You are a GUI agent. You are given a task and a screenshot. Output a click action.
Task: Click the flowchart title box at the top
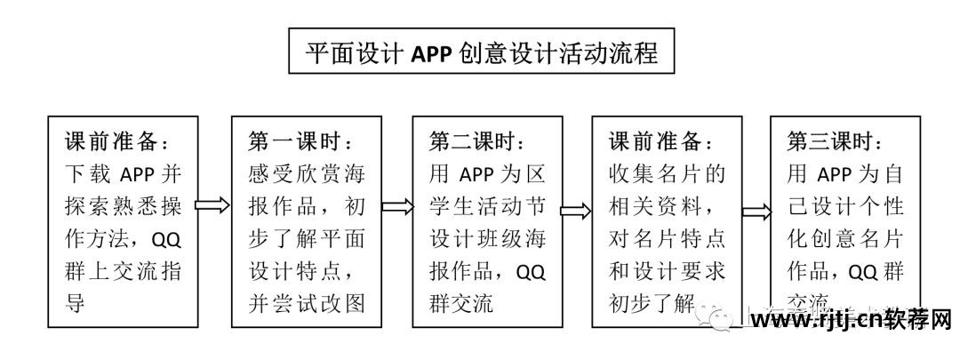pyautogui.click(x=481, y=52)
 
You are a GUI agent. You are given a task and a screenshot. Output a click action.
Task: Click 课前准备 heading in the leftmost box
pyautogui.click(x=116, y=141)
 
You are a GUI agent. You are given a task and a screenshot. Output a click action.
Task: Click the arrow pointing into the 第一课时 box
pyautogui.click(x=212, y=206)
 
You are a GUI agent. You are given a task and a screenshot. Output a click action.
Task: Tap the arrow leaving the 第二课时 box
pyautogui.click(x=575, y=211)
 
